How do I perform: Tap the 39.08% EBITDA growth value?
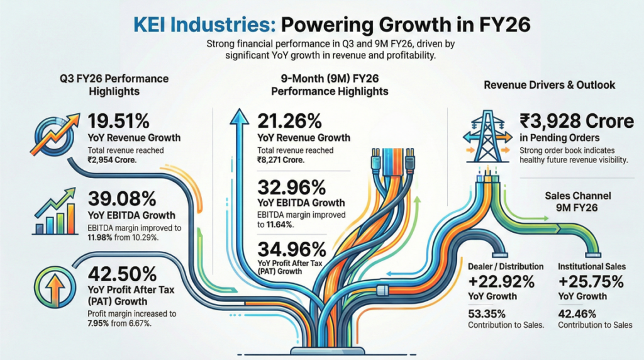(x=122, y=200)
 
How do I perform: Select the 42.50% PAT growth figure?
(x=122, y=274)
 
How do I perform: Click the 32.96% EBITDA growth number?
(x=291, y=187)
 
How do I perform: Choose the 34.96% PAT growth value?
(x=291, y=248)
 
